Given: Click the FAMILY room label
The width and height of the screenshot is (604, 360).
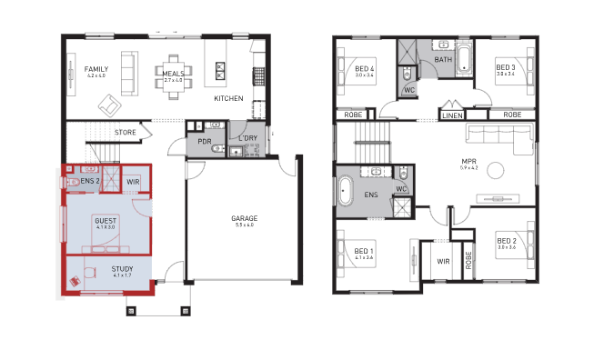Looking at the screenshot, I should [96, 69].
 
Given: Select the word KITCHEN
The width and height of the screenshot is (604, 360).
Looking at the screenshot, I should [227, 97].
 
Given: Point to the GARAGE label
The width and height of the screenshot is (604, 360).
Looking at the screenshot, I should [244, 218].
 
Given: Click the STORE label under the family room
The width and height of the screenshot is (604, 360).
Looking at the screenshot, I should [126, 133].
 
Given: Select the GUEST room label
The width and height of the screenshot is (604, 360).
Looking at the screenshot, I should [106, 220].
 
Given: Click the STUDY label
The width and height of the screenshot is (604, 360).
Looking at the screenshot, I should [123, 269].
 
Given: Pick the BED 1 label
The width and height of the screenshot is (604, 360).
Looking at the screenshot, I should [364, 251].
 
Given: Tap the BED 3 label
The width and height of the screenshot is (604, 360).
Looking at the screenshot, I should [506, 67].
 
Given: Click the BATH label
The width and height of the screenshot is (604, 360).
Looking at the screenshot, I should [443, 60].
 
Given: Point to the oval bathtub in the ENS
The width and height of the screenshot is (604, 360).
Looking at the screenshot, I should [346, 195].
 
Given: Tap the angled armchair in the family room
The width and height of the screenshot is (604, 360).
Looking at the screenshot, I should [109, 106].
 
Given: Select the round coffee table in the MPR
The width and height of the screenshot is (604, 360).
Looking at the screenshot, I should [495, 170].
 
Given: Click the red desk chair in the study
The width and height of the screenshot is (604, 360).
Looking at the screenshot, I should [75, 280].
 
